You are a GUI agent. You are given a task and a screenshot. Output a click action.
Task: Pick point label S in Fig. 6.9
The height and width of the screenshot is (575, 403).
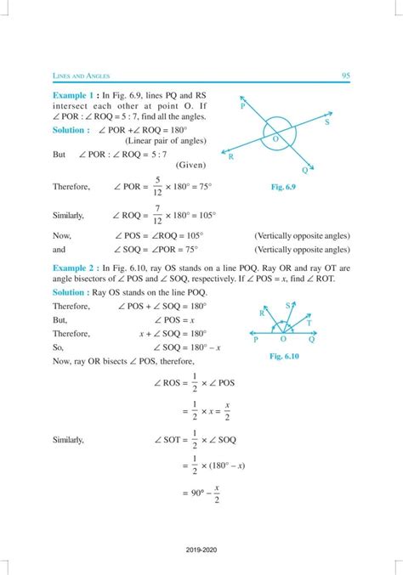(x=327, y=122)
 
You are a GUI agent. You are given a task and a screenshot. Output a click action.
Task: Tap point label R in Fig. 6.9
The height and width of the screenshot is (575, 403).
(x=231, y=156)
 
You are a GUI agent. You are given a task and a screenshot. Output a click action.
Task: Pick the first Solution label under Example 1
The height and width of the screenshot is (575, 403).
(x=71, y=129)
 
